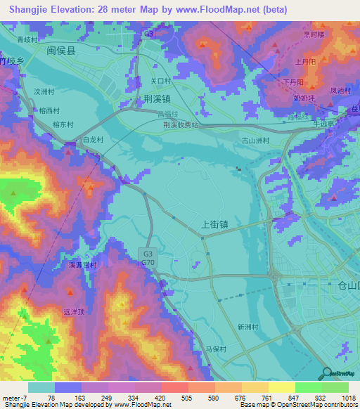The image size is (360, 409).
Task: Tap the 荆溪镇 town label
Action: [155, 99]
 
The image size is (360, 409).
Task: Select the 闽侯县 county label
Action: [61, 51]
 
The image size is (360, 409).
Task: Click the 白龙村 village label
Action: [93, 140]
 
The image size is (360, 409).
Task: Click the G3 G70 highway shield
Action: [148, 258]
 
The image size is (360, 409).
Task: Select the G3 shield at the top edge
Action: [148, 33]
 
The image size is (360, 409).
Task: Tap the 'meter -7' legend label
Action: [14, 398]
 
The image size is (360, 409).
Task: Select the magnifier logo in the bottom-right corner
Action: [326, 374]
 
